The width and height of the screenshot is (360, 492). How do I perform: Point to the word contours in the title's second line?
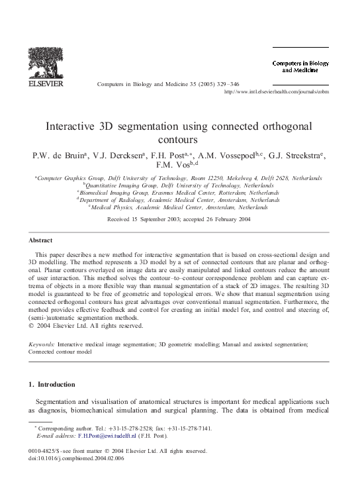point(180,140)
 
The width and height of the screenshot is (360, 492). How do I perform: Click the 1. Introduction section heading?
point(52,384)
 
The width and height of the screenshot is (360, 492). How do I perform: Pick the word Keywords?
point(42,344)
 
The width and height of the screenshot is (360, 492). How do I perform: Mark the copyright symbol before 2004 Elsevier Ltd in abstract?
point(31,326)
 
